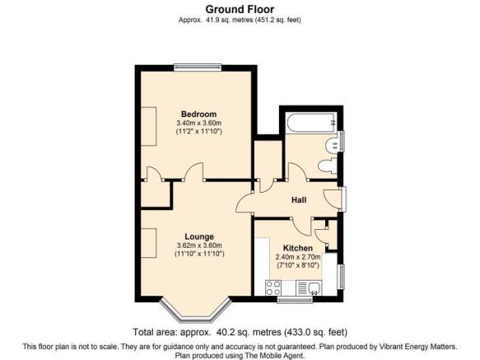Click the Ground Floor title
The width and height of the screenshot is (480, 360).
tap(240, 10)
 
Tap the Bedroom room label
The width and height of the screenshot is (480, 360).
tap(198, 115)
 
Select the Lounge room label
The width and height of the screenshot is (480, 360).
tap(199, 236)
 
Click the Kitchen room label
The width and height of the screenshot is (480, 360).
tap(298, 248)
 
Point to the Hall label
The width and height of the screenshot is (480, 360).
tap(299, 200)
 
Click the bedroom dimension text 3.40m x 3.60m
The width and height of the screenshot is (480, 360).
tap(198, 124)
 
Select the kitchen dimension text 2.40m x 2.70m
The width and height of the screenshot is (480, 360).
tap(298, 257)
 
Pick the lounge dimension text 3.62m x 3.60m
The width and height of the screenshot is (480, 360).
tap(199, 245)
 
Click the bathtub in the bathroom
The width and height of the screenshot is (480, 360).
tap(310, 123)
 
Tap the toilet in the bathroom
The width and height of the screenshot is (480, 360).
tap(327, 166)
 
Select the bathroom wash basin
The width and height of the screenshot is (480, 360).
tap(332, 145)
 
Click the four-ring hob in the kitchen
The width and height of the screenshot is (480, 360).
tap(273, 288)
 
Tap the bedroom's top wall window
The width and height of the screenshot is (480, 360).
tap(198, 67)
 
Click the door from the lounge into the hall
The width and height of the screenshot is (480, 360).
tap(245, 202)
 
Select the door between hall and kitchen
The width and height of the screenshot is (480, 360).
tap(301, 227)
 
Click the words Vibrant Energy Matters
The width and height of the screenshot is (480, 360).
tap(418, 347)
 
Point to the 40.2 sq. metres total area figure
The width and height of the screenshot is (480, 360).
tap(249, 332)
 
